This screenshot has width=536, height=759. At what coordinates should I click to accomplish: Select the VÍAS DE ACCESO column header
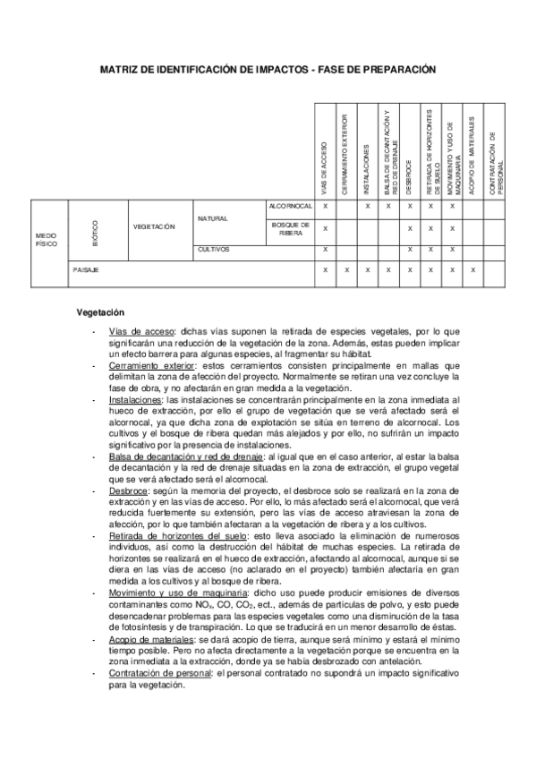coord(325,166)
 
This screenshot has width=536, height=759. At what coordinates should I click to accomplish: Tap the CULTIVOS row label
coord(215,249)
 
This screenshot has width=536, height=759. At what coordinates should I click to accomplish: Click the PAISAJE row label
coord(87,269)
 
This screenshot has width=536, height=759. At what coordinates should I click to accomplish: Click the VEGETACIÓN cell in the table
coord(154,227)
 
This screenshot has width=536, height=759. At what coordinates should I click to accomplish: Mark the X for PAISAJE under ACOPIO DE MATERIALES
coord(473,269)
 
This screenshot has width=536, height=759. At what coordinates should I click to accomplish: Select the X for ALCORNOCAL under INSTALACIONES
coord(368,206)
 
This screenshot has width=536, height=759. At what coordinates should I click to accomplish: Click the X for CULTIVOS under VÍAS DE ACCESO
coord(325,249)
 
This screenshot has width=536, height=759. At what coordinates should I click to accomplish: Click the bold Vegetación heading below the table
coord(99,312)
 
